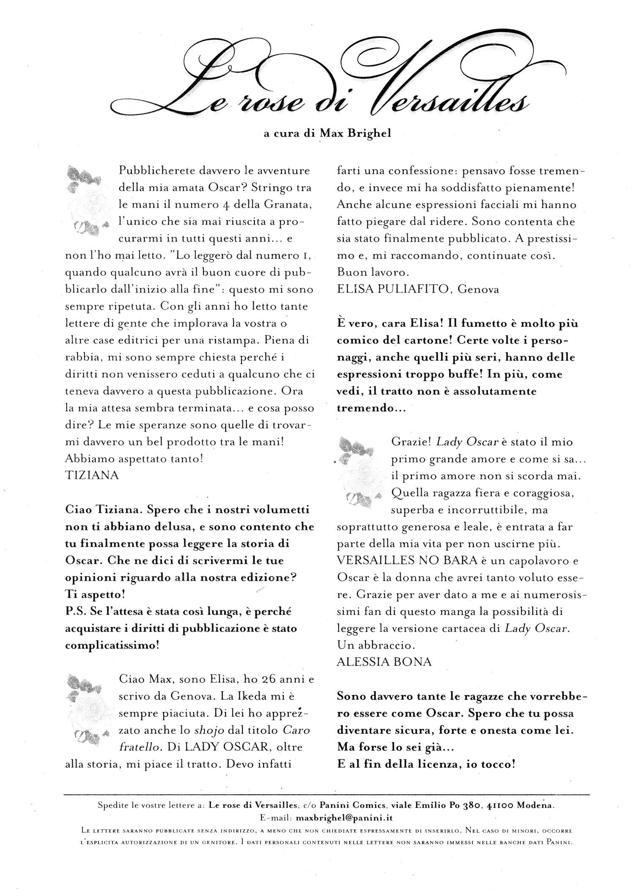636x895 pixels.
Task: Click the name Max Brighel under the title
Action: click(x=355, y=133)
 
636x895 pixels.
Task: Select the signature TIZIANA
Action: click(x=92, y=475)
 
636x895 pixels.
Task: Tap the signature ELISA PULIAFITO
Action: click(x=395, y=289)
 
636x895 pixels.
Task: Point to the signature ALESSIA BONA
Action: click(x=384, y=662)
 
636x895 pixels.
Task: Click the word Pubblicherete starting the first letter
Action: click(x=160, y=171)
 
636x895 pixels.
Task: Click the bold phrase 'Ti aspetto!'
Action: click(x=95, y=594)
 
